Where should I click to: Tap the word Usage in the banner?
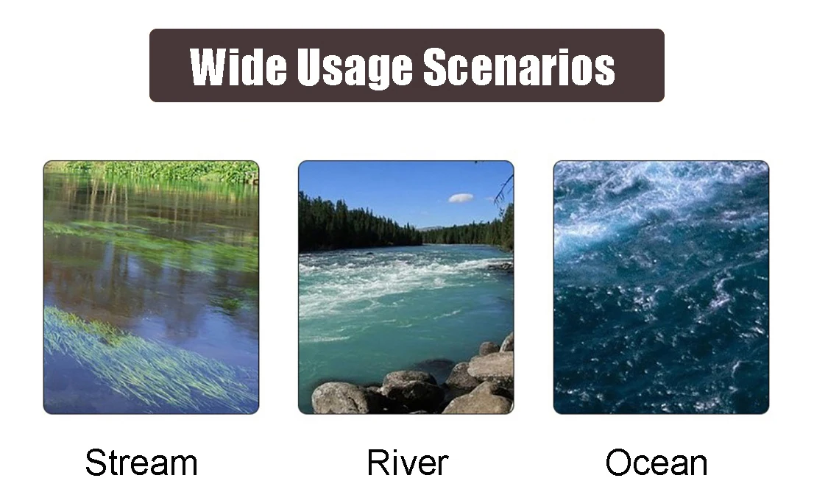pyautogui.click(x=355, y=68)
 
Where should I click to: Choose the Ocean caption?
pyautogui.click(x=656, y=463)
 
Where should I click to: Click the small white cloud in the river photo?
pyautogui.click(x=461, y=198)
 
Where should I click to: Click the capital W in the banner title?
pyautogui.click(x=212, y=67)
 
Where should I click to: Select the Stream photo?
pyautogui.click(x=151, y=288)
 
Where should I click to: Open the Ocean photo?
pyautogui.click(x=661, y=288)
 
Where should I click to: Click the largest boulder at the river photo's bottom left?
pyautogui.click(x=340, y=398)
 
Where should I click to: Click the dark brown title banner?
pyautogui.click(x=407, y=65)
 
